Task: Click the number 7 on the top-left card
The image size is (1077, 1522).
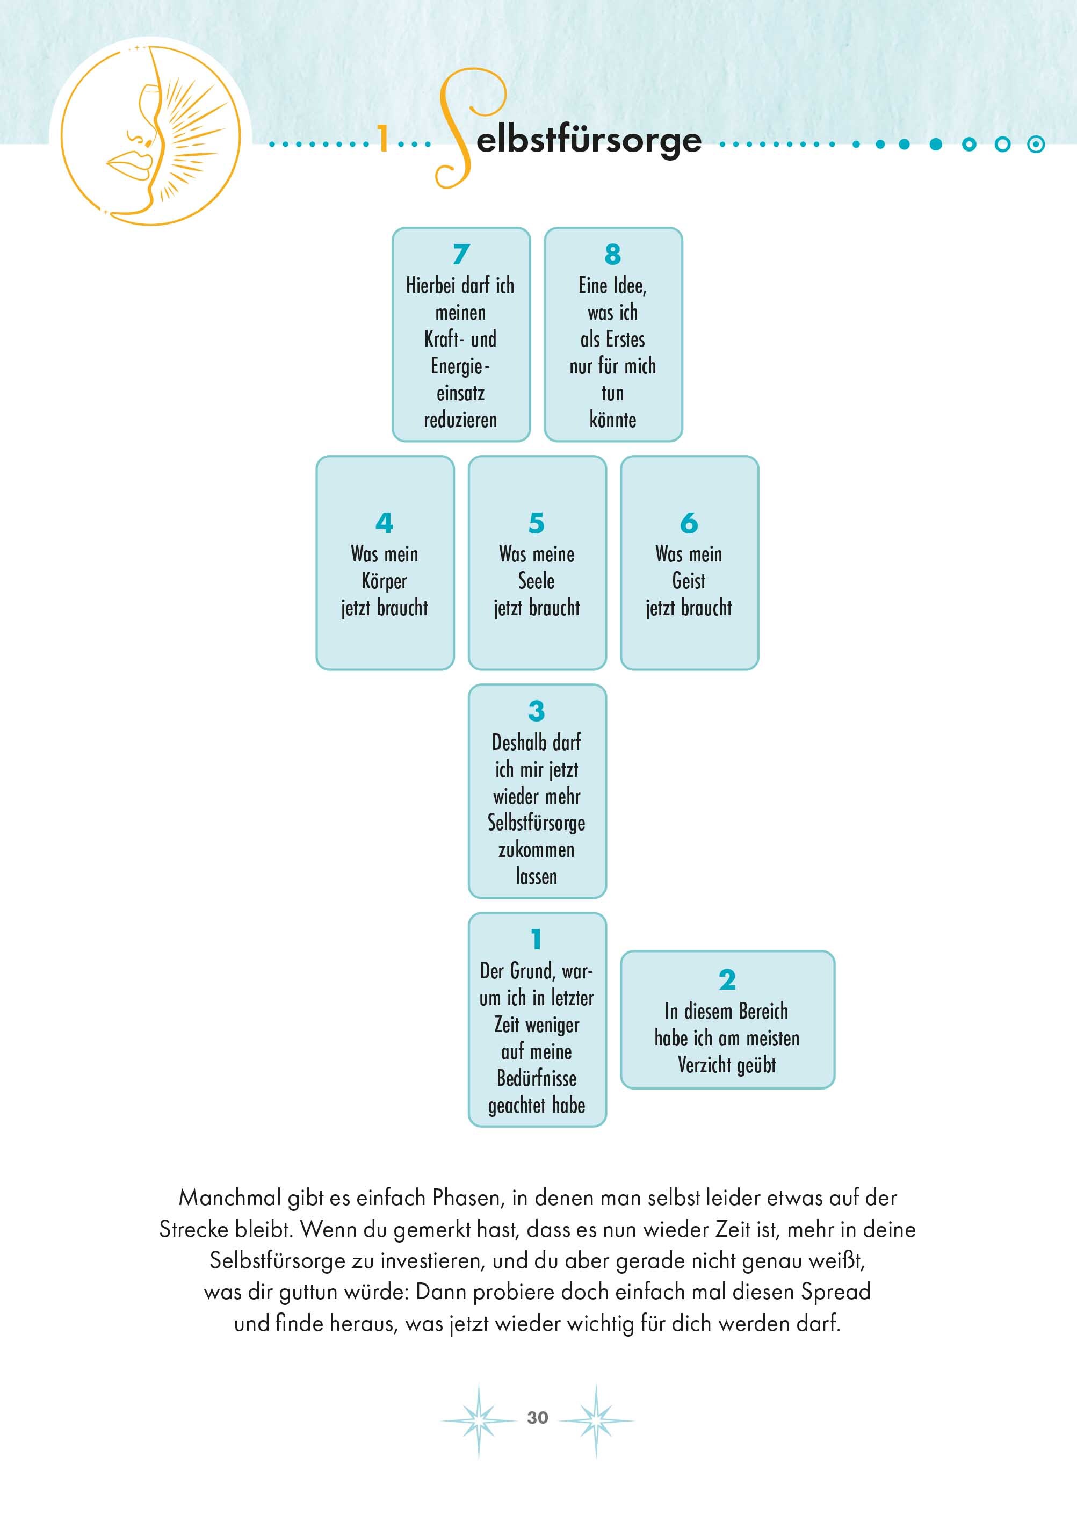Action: tap(461, 254)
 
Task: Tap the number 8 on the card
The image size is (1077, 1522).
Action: tap(613, 254)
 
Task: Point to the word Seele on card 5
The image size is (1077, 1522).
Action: tap(536, 581)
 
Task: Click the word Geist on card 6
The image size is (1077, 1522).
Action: tap(689, 581)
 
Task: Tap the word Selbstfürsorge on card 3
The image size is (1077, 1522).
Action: tap(536, 823)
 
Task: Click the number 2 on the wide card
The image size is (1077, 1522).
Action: tap(727, 980)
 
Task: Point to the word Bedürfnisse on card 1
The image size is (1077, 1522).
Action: tap(537, 1078)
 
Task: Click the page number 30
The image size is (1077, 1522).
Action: tap(537, 1417)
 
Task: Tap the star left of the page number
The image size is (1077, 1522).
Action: tap(478, 1419)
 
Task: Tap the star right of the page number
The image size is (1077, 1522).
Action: tap(596, 1419)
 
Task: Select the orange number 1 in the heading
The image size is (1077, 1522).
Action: tap(382, 139)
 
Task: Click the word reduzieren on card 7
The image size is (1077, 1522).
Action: tap(460, 420)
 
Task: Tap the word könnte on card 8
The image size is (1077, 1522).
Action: tap(612, 420)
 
